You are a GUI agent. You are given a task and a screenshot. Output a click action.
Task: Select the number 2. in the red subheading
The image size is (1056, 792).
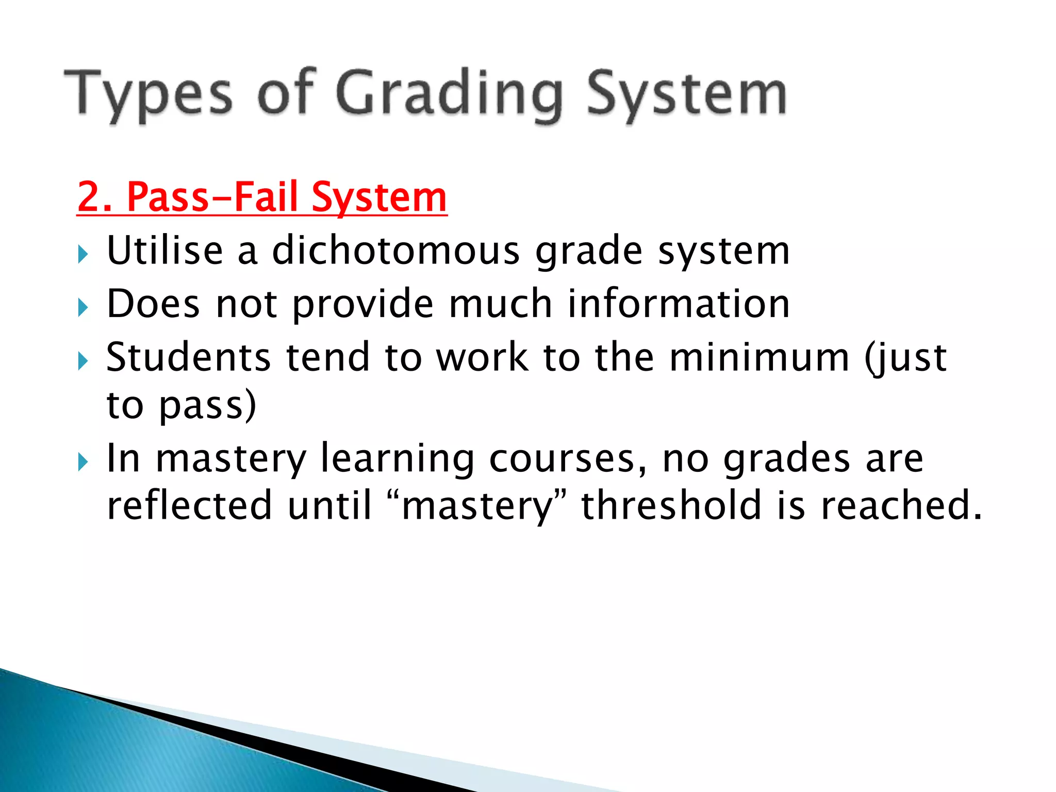[x=95, y=197]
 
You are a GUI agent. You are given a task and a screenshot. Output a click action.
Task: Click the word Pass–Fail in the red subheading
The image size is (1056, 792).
[x=212, y=197]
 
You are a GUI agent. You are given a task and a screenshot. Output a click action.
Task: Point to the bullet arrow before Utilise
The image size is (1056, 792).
[x=82, y=254]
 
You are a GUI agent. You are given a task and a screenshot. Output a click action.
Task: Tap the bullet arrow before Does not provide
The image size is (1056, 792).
[x=82, y=308]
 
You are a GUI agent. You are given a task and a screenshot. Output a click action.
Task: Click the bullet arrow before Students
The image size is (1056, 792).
[x=82, y=361]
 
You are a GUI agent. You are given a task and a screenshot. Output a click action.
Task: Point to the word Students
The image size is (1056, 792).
[x=188, y=357]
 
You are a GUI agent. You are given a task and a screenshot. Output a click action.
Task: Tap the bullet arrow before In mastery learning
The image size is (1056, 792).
[x=82, y=462]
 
